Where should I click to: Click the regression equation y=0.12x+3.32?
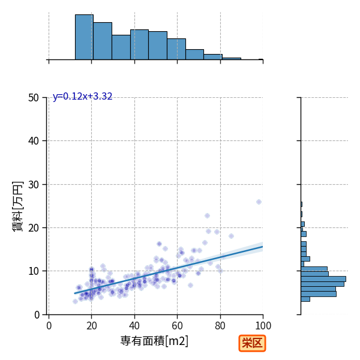point(82,96)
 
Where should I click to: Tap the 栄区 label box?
point(252,343)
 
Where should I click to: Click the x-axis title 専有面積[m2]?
point(154,341)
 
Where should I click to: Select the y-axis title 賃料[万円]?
point(17,206)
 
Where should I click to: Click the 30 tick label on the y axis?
point(34,185)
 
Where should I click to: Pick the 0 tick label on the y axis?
point(37,315)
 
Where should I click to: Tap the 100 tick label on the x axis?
point(263,326)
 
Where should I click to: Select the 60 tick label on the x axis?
point(177,326)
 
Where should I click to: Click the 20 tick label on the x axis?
point(92,326)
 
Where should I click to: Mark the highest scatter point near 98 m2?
point(259,202)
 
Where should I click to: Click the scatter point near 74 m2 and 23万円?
point(208,215)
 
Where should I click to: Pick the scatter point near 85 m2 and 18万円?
point(231,236)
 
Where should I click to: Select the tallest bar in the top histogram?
point(84,37)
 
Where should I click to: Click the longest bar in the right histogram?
point(323,279)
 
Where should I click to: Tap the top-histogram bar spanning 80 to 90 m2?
point(232,59)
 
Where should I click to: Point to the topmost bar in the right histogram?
point(301,205)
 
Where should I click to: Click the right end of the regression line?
point(263,247)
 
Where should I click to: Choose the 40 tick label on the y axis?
point(34,141)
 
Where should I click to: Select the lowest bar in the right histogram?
point(305,299)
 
